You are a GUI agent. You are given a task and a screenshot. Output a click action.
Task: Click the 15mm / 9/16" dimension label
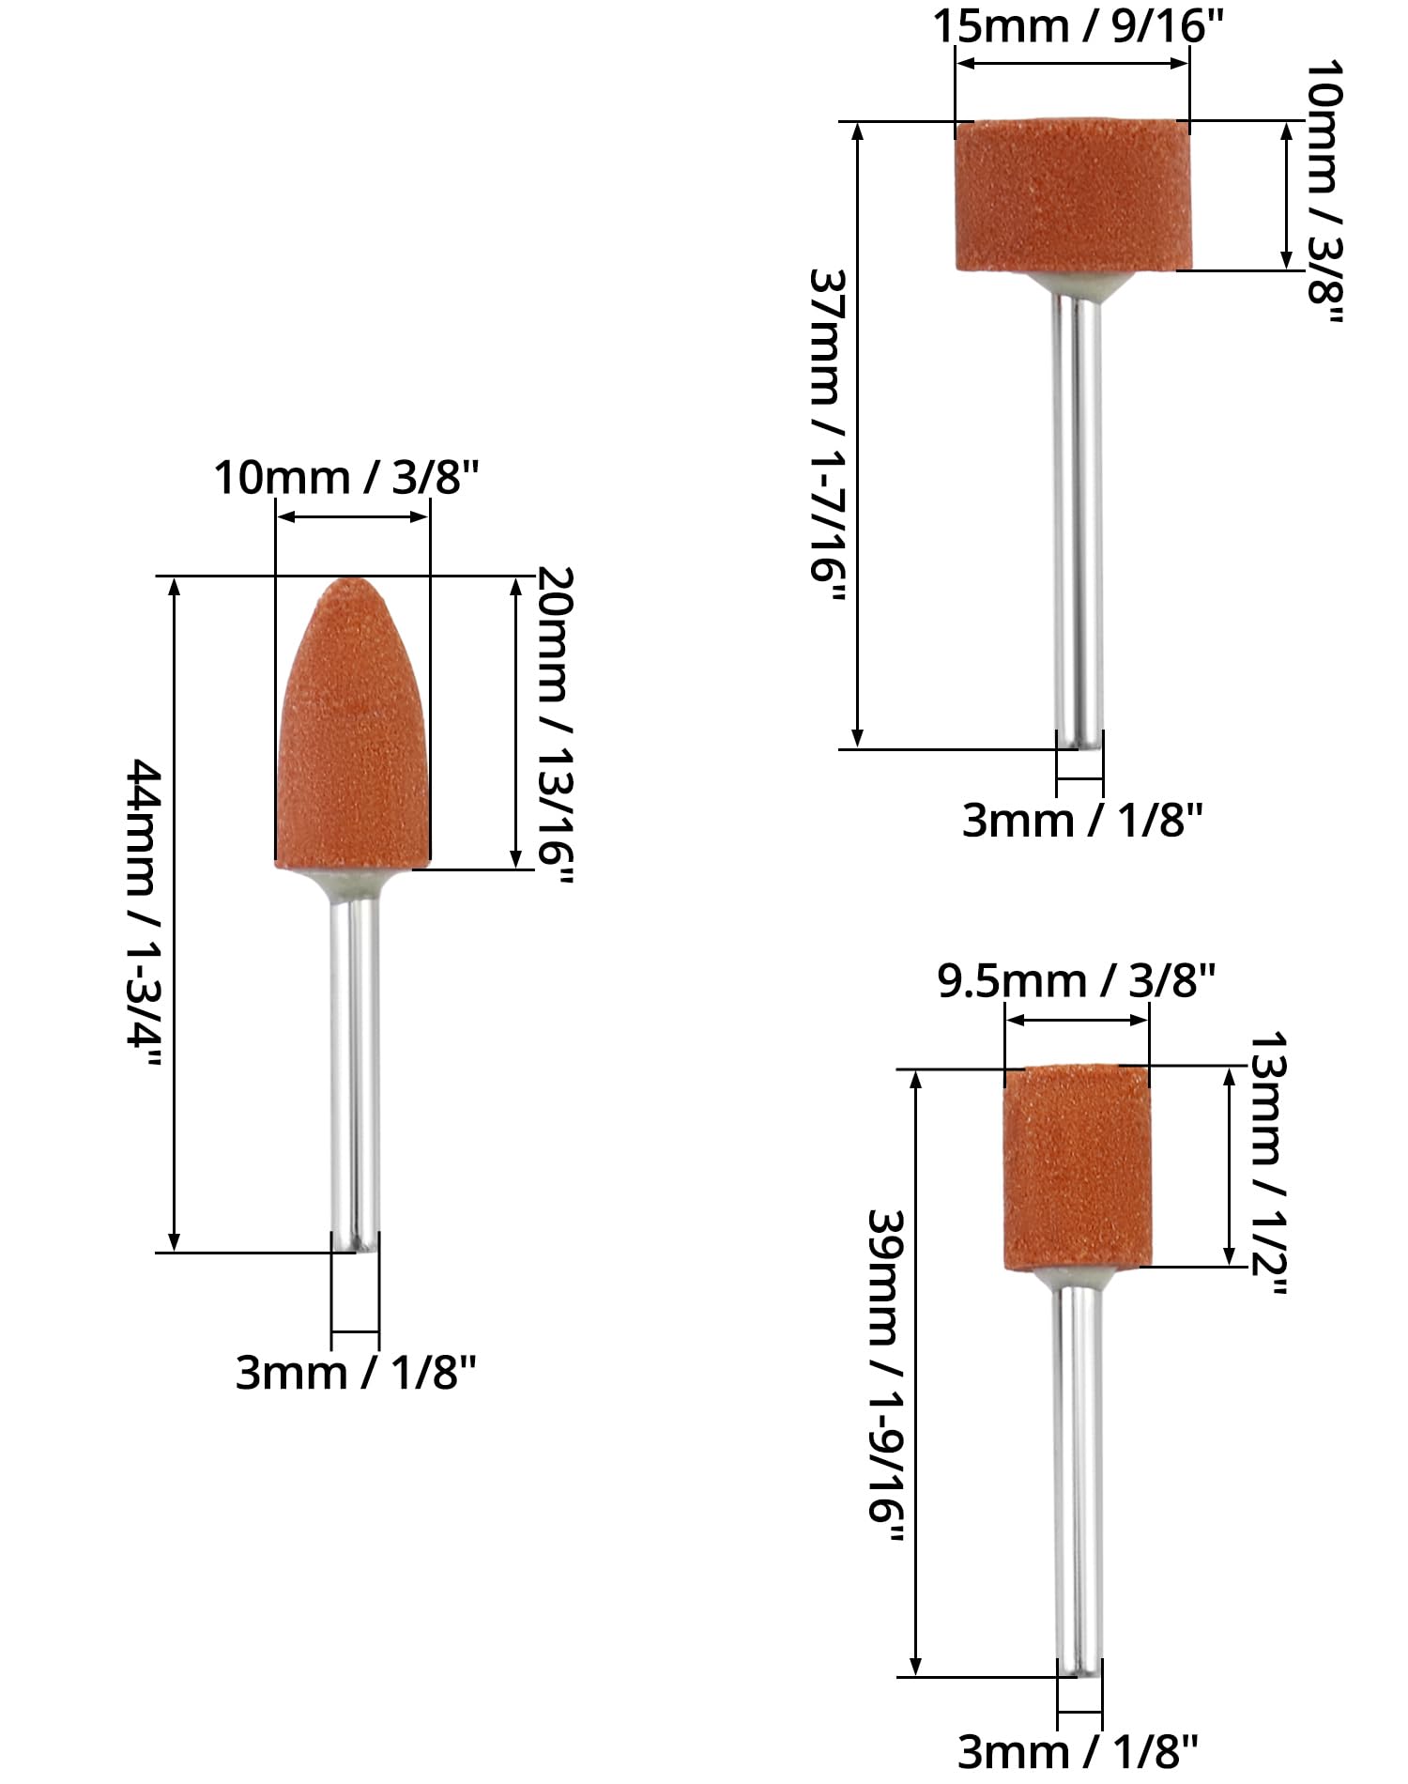point(1079,25)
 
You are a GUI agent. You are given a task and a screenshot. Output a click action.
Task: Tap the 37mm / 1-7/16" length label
point(828,437)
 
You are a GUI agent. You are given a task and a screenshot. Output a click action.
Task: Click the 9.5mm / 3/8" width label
point(1077,981)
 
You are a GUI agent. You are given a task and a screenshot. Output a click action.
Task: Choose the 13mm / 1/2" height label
point(1267,1164)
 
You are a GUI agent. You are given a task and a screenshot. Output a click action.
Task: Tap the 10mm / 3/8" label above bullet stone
point(347,478)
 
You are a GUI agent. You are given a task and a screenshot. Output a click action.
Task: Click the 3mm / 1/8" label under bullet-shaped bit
point(356,1373)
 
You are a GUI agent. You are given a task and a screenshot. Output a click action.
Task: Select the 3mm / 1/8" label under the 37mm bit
point(1082,820)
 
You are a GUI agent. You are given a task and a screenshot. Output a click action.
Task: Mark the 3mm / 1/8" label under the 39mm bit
point(1079,1751)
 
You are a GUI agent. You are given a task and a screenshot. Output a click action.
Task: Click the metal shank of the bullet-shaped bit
point(355,1070)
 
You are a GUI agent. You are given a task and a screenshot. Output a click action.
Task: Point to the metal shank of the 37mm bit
point(1078,516)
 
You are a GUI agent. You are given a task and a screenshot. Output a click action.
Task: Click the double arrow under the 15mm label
point(1073,63)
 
